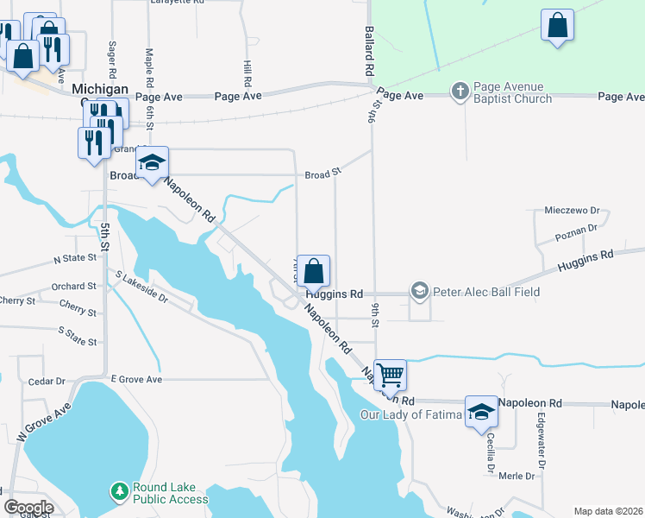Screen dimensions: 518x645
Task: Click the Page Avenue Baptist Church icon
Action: coord(460,90)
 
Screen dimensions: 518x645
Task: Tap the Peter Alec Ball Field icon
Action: coord(420,291)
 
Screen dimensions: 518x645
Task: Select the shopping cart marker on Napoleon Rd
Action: coord(391,375)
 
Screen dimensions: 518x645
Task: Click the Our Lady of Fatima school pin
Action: coord(481,412)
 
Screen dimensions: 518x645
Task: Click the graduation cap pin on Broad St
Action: coord(153,162)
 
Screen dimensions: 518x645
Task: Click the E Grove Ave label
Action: coord(136,378)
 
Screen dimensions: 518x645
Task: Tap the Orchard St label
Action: coord(73,286)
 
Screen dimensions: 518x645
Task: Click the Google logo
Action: coord(28,507)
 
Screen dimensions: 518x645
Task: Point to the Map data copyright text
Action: coord(608,511)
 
